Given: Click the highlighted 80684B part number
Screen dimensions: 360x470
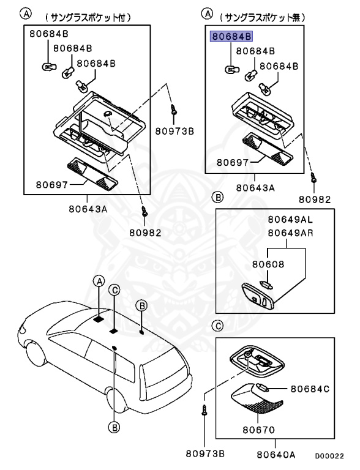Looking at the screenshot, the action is (231, 37).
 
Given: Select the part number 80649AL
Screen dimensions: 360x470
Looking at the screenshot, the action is (290, 220).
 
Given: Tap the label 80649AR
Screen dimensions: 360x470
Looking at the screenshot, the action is (290, 233).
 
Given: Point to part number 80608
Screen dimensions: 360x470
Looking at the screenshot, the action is (268, 264).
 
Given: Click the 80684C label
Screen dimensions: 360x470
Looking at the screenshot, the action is (310, 389).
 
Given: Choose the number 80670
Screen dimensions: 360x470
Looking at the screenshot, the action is (258, 430).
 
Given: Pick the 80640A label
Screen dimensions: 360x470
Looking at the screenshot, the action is (276, 455).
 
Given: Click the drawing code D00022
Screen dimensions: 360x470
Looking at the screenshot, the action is (329, 456).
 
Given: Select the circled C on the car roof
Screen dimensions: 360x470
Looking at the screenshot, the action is (114, 290).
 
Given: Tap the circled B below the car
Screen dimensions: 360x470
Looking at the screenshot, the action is (114, 427).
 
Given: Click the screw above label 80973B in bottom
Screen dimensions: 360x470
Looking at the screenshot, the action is (204, 409).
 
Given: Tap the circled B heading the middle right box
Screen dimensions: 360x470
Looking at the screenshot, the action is (217, 197).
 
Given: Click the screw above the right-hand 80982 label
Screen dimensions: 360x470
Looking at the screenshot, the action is (314, 177).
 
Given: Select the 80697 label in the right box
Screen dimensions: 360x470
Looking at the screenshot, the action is (233, 162).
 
